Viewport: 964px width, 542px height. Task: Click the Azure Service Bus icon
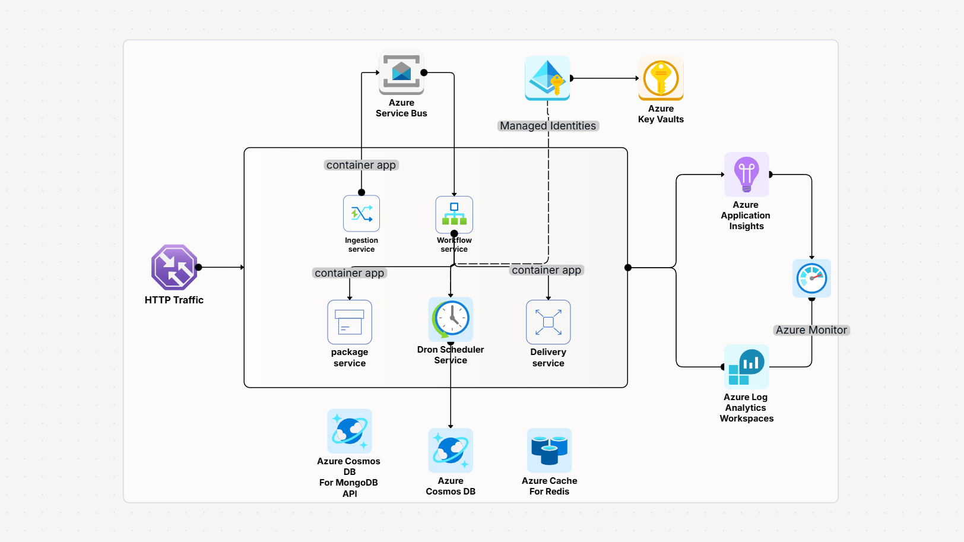(401, 73)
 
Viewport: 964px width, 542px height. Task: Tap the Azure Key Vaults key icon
(661, 78)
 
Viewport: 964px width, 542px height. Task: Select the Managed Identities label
(547, 126)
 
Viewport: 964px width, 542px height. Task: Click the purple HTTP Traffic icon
(174, 267)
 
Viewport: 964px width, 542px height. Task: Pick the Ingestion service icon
(361, 214)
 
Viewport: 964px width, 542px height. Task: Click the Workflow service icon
(454, 214)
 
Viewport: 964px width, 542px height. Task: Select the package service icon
(350, 322)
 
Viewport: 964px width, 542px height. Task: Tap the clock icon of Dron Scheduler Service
(451, 318)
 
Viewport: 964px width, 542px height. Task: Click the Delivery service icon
(548, 322)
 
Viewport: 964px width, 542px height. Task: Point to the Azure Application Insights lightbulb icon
(746, 174)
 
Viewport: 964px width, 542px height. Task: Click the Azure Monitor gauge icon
(811, 278)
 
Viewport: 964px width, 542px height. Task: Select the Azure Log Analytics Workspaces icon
(746, 366)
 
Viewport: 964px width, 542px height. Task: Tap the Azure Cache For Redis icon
(549, 451)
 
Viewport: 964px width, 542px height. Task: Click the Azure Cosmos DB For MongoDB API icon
(350, 431)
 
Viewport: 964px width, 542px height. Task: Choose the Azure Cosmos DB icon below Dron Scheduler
(451, 451)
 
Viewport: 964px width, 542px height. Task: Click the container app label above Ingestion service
(361, 165)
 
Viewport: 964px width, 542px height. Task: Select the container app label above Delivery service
(546, 270)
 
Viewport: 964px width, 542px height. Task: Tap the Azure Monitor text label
(811, 330)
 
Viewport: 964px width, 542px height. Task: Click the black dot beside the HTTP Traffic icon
(199, 267)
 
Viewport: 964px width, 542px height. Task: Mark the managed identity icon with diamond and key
(547, 78)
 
